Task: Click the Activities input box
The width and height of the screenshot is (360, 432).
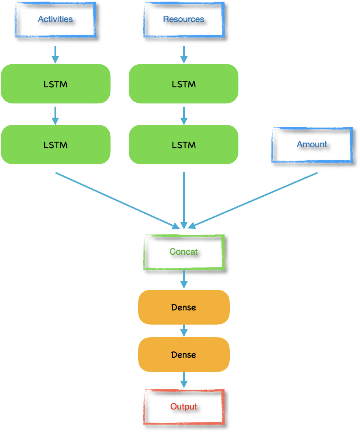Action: point(55,19)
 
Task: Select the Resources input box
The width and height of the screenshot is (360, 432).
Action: point(184,19)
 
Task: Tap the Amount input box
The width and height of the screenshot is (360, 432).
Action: point(312,145)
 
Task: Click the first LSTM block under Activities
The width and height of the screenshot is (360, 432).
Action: point(55,84)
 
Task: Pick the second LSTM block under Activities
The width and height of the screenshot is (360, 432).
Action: point(55,145)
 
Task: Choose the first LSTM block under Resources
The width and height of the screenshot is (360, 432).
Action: point(184,84)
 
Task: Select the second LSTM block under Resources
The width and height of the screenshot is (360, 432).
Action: point(184,145)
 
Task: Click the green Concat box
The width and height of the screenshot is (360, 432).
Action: point(184,252)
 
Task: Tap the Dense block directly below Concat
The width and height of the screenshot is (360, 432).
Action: point(184,307)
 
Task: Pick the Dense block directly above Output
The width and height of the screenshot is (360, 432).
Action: point(184,355)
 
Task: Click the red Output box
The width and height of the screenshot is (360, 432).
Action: point(184,407)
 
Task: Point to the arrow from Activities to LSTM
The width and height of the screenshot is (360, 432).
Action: point(55,54)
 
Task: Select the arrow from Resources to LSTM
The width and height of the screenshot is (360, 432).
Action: point(184,54)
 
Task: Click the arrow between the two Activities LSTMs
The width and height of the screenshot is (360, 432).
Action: point(55,115)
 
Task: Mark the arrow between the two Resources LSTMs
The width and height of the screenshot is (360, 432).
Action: point(184,115)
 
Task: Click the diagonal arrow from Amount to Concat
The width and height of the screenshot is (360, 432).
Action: point(253,200)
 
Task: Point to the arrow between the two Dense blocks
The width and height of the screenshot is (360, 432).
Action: point(184,331)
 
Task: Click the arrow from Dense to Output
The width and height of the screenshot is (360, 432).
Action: point(184,380)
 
